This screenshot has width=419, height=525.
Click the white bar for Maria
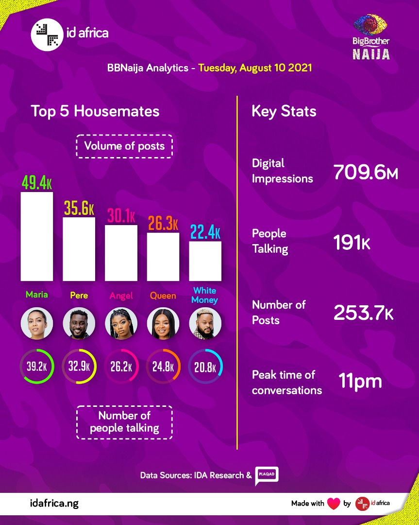[x=37, y=236]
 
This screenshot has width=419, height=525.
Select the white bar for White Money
[x=205, y=261]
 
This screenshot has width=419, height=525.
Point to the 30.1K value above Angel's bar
[x=121, y=216]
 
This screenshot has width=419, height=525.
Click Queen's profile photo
[x=163, y=323]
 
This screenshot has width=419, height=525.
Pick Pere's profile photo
[x=79, y=323]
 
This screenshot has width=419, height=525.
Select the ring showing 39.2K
[x=37, y=366]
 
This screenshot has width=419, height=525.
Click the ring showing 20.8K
[x=205, y=366]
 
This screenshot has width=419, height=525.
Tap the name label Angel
[x=121, y=296]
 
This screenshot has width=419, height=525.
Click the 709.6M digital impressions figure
[x=366, y=172]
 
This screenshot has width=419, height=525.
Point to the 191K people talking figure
[x=352, y=243]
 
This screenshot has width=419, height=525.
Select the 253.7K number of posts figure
[x=363, y=313]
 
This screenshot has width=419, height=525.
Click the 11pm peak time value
[x=360, y=381]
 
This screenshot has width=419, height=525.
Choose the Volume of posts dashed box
[x=124, y=146]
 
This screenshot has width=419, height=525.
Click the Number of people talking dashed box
[x=124, y=422]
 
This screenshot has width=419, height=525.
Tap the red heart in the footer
[x=334, y=504]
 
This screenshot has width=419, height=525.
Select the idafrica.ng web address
[x=54, y=504]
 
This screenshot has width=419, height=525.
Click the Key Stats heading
[x=284, y=111]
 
